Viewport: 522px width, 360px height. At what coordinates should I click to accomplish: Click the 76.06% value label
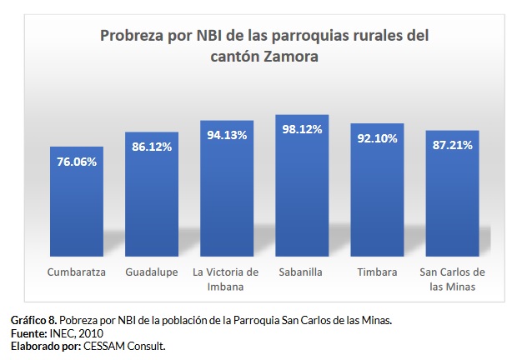(x=76, y=162)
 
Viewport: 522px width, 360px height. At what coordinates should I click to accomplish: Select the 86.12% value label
(x=152, y=147)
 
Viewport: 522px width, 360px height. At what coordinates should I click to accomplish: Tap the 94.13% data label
(x=227, y=135)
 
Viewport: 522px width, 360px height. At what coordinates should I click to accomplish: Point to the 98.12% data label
(x=302, y=129)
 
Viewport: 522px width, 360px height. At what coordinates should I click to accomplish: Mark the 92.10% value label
(x=377, y=138)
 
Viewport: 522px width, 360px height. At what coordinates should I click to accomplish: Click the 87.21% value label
(x=452, y=145)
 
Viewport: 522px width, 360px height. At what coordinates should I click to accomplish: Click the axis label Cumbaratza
(x=76, y=272)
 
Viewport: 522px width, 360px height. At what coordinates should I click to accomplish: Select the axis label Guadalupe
(x=152, y=272)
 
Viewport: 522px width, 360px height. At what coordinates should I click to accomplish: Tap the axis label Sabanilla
(x=302, y=272)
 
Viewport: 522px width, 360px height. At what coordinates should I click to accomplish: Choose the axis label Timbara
(x=377, y=272)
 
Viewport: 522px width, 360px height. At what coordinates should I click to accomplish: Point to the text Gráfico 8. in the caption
(x=34, y=320)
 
